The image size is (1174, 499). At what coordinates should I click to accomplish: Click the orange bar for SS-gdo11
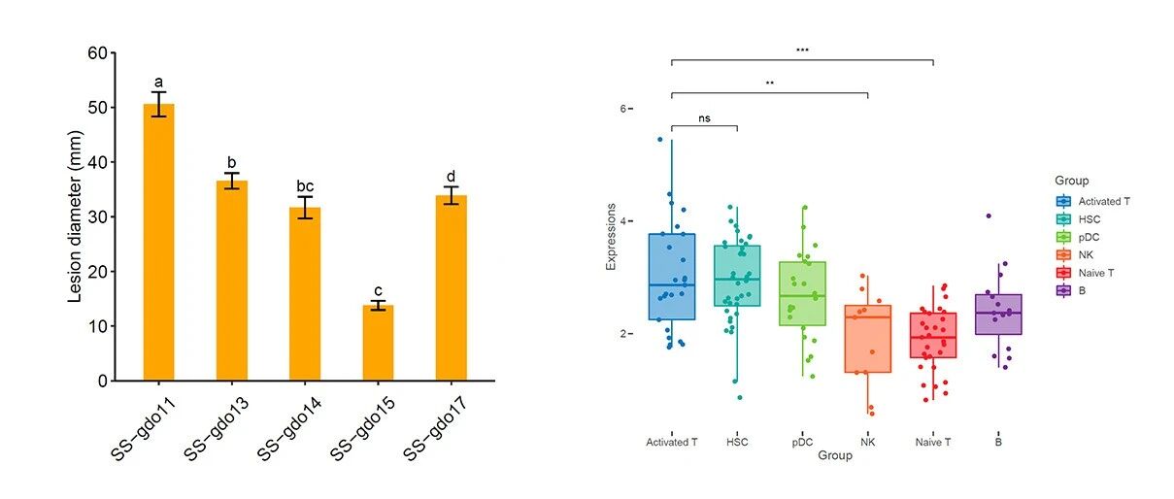coord(159,242)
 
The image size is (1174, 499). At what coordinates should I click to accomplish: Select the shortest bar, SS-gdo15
coord(378,343)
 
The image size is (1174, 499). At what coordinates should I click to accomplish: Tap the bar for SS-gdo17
coord(452,287)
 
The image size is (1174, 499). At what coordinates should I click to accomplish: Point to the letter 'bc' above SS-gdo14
coord(305,186)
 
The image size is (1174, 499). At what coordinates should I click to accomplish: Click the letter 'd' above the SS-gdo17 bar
coord(451,176)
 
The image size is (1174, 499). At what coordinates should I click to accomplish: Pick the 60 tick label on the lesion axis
coord(97,53)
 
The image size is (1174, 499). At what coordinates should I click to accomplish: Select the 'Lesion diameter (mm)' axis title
coord(76,216)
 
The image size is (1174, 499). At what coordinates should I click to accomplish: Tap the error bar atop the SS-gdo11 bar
coord(159,104)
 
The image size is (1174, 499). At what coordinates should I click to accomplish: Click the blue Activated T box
coord(672,277)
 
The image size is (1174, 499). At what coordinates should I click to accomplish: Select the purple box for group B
coord(998,314)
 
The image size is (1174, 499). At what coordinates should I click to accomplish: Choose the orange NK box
coord(868,339)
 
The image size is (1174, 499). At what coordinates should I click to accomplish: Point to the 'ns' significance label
coord(704,118)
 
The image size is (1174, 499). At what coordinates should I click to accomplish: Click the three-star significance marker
coord(802,50)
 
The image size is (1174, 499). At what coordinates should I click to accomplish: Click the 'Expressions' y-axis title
coord(611,237)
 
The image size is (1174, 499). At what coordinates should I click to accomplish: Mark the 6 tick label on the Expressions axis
coord(623,109)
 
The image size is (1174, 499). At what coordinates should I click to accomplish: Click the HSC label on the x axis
coord(737,442)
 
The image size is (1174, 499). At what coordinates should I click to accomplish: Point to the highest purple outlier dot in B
coord(989,216)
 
